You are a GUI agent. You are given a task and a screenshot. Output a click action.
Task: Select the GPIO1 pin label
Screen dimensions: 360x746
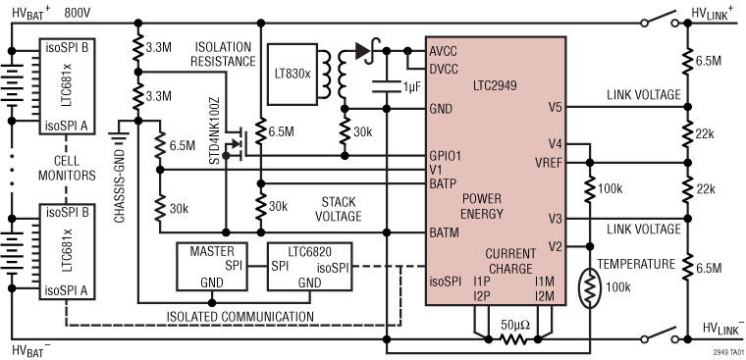(x=448, y=155)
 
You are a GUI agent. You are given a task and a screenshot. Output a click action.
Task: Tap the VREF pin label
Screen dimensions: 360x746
(x=547, y=161)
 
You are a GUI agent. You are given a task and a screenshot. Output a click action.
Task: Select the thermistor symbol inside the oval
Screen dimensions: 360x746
(x=590, y=288)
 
